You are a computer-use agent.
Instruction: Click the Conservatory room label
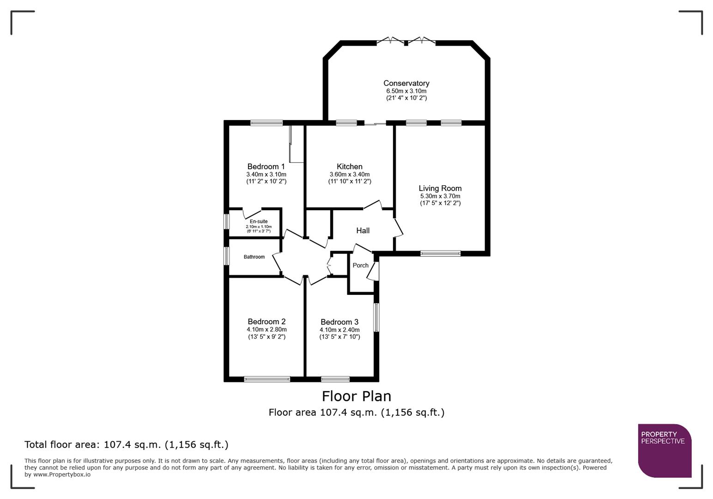406,83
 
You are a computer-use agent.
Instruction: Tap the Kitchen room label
350,166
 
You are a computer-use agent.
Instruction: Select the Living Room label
440,188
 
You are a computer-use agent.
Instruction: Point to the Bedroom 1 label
266,166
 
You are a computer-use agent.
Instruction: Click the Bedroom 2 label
266,322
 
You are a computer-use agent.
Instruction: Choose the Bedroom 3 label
339,322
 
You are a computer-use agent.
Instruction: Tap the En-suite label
259,222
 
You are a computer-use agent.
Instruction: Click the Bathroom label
254,257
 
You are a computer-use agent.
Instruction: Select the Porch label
361,265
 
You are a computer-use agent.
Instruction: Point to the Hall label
363,231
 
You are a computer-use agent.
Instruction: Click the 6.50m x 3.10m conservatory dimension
406,91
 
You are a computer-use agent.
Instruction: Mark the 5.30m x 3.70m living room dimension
440,196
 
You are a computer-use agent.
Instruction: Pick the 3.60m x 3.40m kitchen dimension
350,174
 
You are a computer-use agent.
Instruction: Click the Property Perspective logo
664,450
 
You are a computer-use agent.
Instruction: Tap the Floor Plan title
356,396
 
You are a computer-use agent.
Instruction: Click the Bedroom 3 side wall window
376,317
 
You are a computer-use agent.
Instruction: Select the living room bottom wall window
440,253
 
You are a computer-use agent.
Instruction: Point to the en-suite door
252,213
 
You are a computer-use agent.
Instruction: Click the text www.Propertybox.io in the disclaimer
61,475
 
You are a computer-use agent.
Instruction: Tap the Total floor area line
126,444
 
